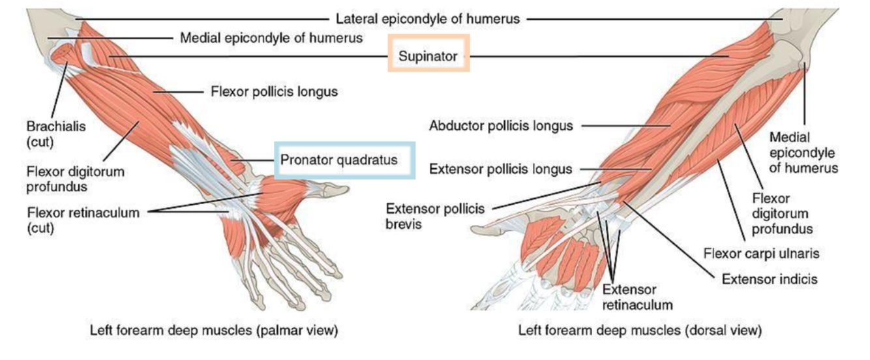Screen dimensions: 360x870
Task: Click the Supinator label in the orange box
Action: [x=428, y=57]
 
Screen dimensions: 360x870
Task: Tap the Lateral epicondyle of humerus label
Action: [x=428, y=19]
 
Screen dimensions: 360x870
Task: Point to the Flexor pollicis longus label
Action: [x=274, y=92]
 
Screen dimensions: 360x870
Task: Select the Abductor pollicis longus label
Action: [x=501, y=126]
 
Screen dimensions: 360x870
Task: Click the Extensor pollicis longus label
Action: [x=500, y=170]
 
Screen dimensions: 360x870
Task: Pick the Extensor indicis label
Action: [x=769, y=279]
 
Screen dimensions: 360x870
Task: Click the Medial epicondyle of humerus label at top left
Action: [x=271, y=38]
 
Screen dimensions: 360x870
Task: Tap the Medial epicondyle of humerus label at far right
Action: [x=803, y=153]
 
